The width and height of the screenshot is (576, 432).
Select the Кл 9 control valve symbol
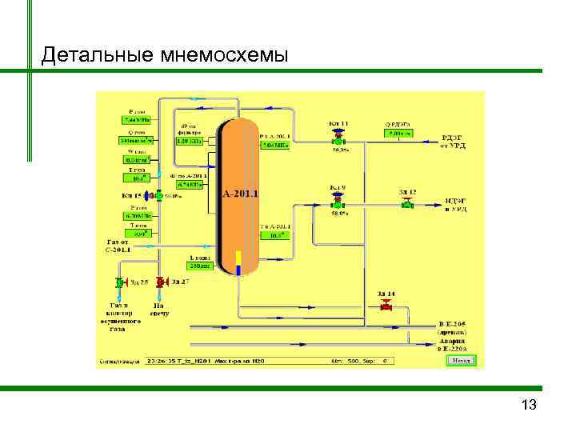point(338,203)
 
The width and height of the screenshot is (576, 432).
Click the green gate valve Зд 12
point(407,204)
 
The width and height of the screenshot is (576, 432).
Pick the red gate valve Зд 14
point(386,306)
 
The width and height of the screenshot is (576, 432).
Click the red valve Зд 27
point(161,282)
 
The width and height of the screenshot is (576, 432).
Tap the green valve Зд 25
point(120,282)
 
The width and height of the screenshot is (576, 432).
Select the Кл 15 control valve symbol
point(158,195)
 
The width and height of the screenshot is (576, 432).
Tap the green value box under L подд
point(198,267)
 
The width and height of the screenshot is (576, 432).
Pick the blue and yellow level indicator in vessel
point(238,262)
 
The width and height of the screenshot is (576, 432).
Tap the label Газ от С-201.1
point(117,245)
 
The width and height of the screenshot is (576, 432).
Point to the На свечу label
point(160,309)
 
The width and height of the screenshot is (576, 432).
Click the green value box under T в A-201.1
point(279,235)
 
